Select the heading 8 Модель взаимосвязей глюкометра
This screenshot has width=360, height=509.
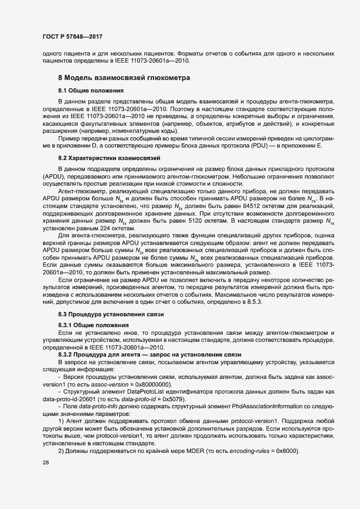tap(124, 78)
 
